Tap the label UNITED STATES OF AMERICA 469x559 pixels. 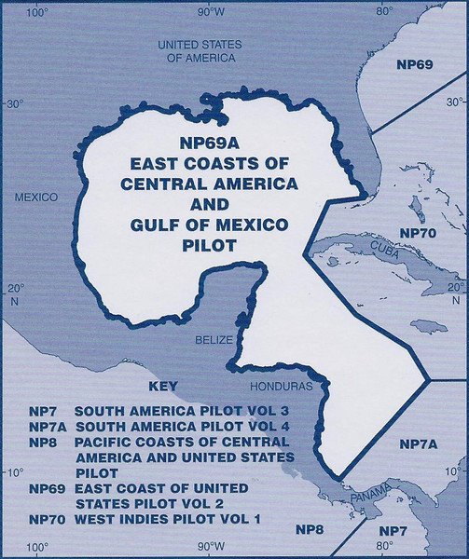(200, 50)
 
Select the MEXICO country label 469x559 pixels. (36, 198)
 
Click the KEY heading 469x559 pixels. (163, 385)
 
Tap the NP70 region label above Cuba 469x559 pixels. (419, 230)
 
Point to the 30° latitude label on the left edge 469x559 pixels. (13, 104)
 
